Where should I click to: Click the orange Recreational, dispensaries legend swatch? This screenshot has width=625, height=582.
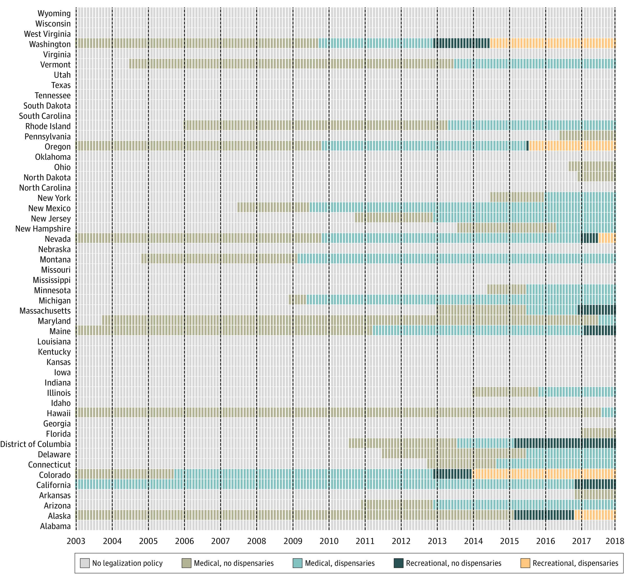525,563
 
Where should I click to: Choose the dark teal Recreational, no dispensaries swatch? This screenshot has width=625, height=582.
398,563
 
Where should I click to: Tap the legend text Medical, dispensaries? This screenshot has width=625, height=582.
340,563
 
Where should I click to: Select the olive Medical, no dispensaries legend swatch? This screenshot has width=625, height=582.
187,563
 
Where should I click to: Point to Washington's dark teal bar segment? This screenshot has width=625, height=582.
461,43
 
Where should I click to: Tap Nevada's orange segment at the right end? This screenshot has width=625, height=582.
606,238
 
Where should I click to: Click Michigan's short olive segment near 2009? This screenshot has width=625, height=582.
297,300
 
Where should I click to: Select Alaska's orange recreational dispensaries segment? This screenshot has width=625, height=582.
594,515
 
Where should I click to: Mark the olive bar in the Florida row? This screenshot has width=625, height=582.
598,433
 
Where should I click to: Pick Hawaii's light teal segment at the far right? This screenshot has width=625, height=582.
608,413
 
